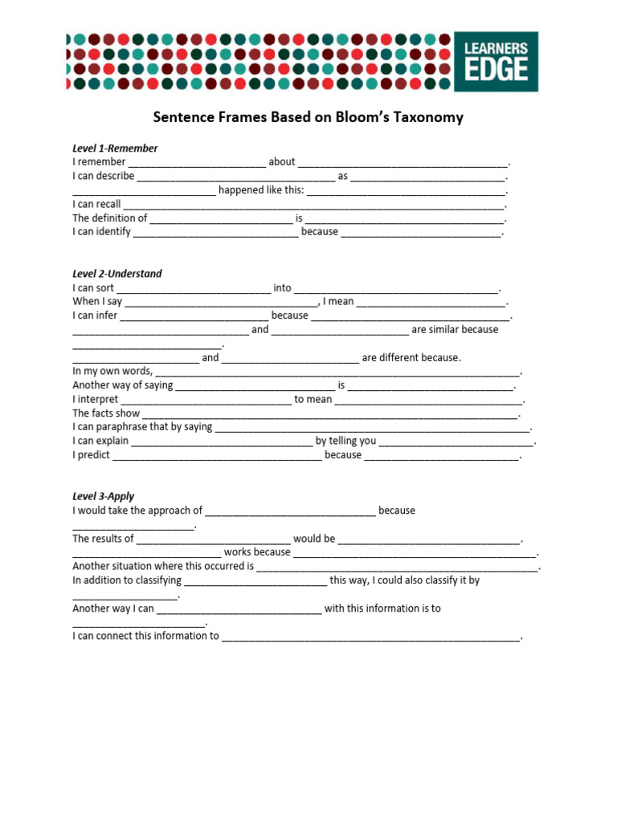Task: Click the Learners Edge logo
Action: tap(496, 62)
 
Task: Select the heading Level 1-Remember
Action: tap(115, 149)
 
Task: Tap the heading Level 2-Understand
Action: tap(117, 274)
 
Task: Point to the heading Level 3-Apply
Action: tap(104, 497)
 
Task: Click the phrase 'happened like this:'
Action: tap(261, 190)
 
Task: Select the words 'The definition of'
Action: tap(110, 218)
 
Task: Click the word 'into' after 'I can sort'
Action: tap(282, 288)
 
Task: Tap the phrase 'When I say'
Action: tap(97, 302)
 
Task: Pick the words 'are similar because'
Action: tap(455, 330)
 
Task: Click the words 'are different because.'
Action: tap(411, 358)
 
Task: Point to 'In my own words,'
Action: tap(112, 372)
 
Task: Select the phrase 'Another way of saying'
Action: tap(123, 385)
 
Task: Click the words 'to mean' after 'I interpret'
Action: tap(313, 400)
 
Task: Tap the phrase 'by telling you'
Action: tap(345, 442)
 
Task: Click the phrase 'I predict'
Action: tap(91, 455)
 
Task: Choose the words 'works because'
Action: tap(257, 552)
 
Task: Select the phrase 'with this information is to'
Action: tap(382, 608)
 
